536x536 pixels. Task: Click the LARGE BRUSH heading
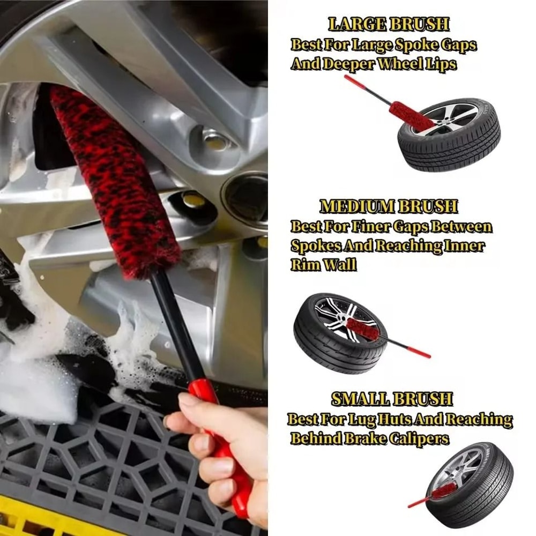click(389, 25)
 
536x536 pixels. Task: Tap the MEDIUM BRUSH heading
click(389, 206)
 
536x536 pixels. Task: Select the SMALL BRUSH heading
click(392, 399)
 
